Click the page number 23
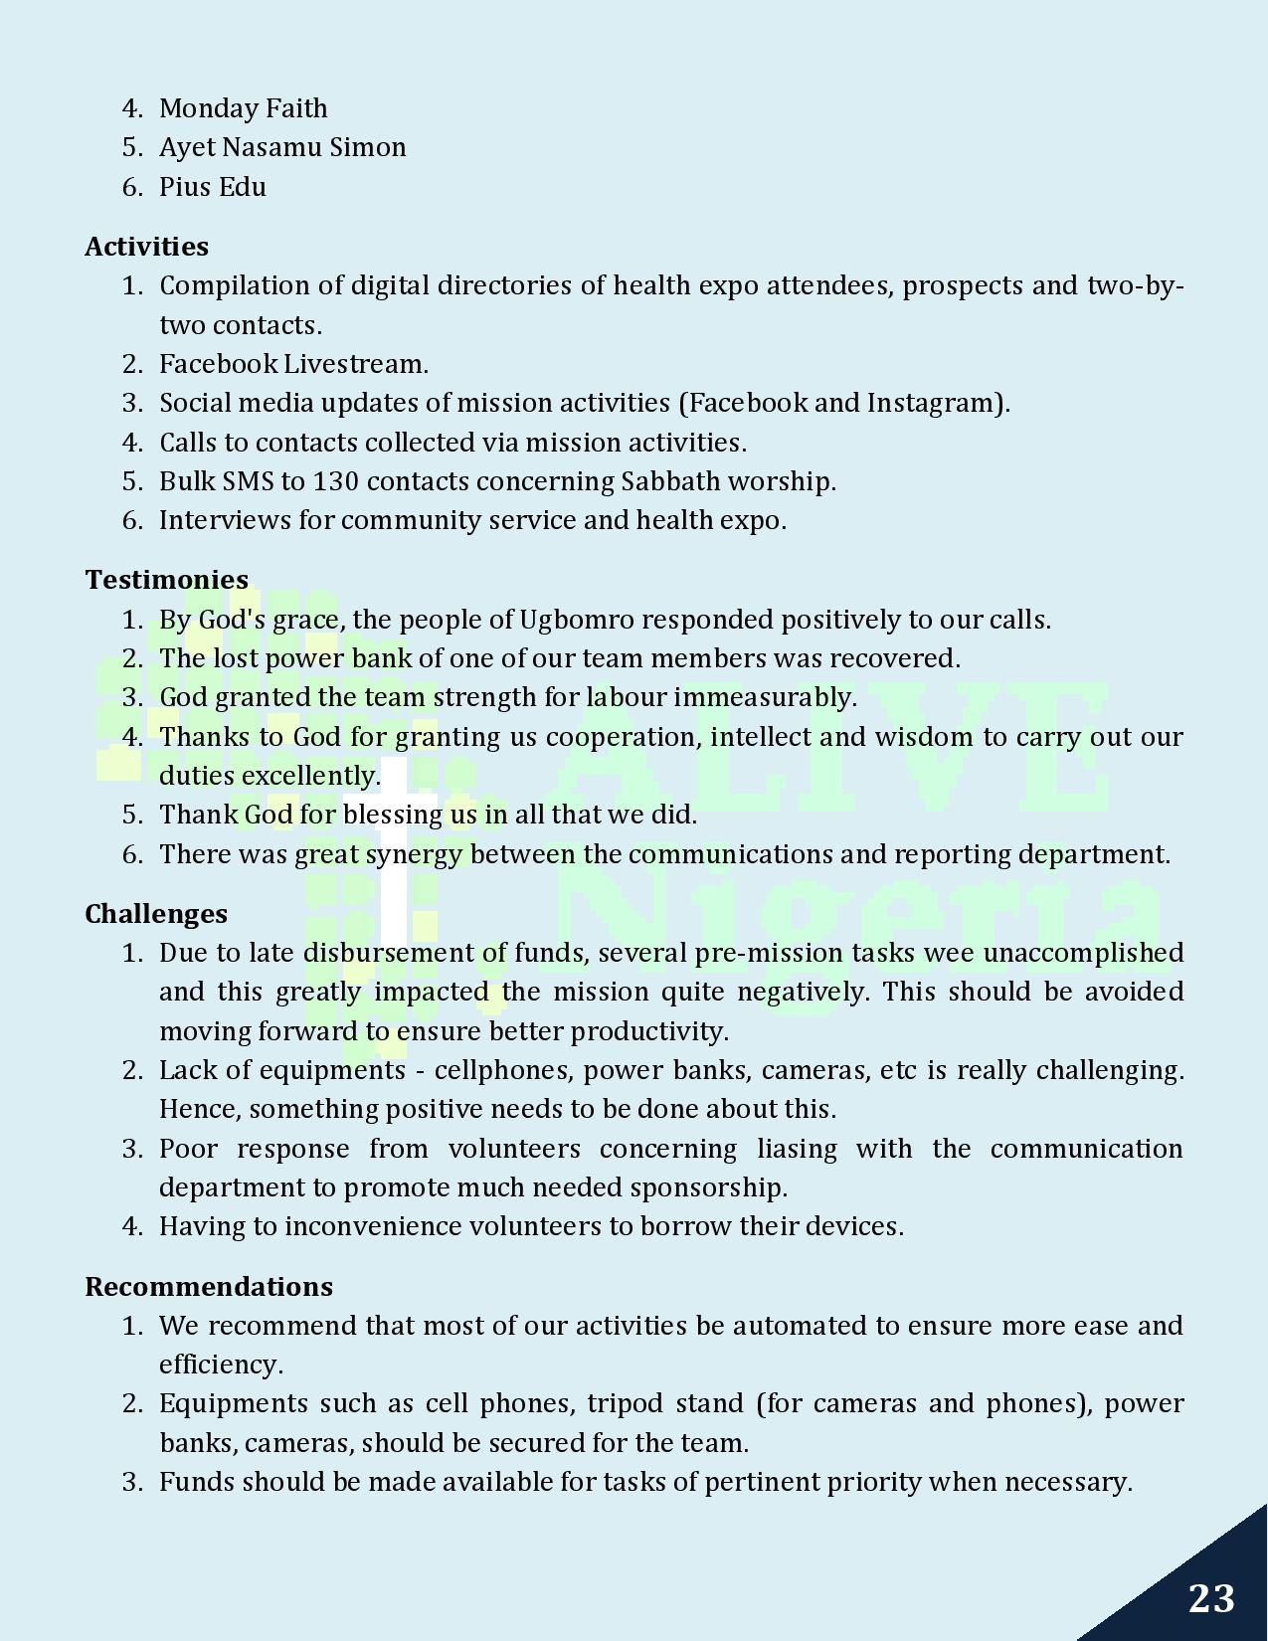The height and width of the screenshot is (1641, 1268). (x=1210, y=1598)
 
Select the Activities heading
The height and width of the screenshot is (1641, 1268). (x=146, y=247)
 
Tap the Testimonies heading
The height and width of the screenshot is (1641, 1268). (x=166, y=580)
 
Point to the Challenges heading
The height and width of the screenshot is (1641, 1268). (x=155, y=914)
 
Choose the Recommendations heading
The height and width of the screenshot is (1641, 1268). (x=208, y=1287)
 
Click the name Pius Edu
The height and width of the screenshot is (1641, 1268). (x=212, y=187)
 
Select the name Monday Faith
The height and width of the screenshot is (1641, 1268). (x=243, y=108)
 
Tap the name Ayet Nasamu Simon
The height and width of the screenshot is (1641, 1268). (x=282, y=147)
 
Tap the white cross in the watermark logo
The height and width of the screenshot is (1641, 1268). (x=395, y=855)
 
